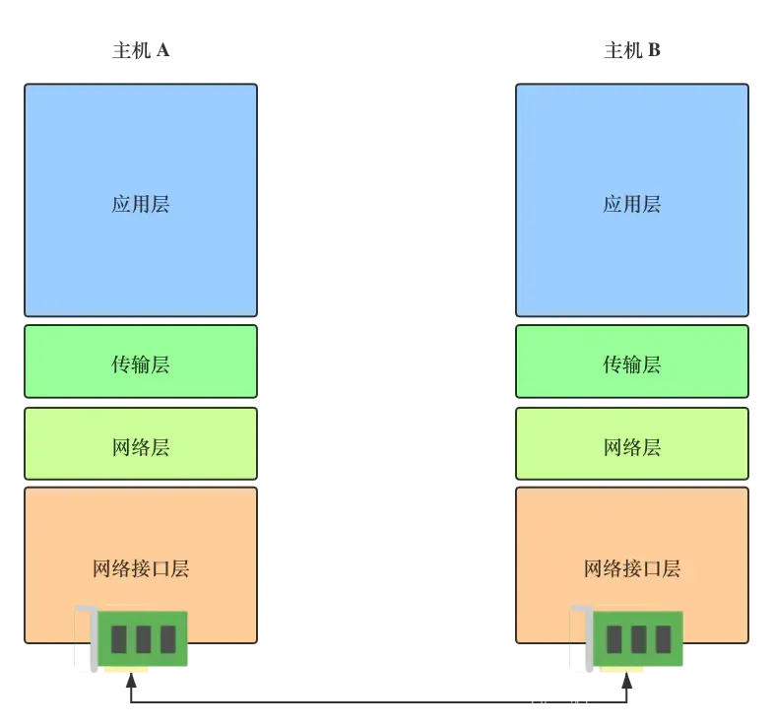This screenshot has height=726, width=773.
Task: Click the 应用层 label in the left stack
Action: (x=141, y=205)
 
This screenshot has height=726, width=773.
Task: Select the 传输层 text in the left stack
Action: (x=141, y=364)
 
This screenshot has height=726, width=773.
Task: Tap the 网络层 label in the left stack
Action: (x=141, y=447)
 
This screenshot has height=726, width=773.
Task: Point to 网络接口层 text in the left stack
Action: (x=141, y=568)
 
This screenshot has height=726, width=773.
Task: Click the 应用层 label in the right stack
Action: (x=631, y=205)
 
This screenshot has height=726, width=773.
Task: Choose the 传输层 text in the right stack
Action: (x=631, y=364)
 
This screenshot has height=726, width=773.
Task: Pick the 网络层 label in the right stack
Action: (x=631, y=447)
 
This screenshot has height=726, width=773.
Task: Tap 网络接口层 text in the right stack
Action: (x=631, y=568)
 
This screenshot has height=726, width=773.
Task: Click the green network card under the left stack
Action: (x=142, y=639)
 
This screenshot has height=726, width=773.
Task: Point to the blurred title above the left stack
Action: (x=141, y=51)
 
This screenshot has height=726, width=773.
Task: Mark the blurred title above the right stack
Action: (x=630, y=51)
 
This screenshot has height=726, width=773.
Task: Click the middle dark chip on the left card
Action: (x=143, y=639)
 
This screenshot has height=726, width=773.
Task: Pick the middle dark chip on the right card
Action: (x=638, y=639)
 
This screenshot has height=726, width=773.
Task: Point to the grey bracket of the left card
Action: (x=85, y=640)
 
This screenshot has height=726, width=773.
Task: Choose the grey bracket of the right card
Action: (x=579, y=640)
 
